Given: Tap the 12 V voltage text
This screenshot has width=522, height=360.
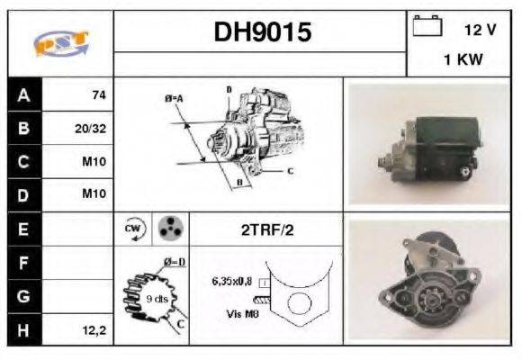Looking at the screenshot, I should tap(480, 30).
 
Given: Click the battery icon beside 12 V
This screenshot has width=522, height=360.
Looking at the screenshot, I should tap(425, 27).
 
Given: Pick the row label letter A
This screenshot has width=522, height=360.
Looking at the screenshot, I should tap(23, 94).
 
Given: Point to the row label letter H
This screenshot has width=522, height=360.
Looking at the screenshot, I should tap(23, 330).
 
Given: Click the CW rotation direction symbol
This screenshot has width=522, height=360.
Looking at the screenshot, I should tap(131, 229).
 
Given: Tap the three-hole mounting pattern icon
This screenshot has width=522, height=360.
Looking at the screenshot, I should tap(166, 229).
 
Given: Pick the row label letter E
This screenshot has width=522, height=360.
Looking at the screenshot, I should tap(23, 229).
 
